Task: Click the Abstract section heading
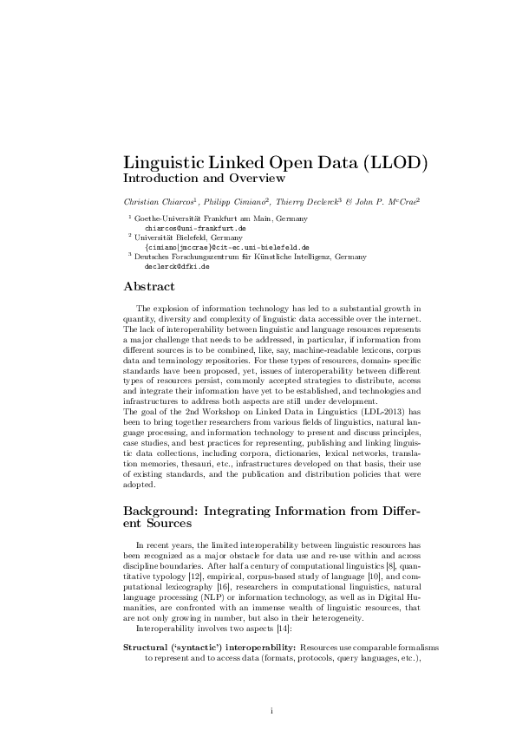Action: [x=149, y=286]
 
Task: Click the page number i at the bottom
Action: [x=271, y=711]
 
